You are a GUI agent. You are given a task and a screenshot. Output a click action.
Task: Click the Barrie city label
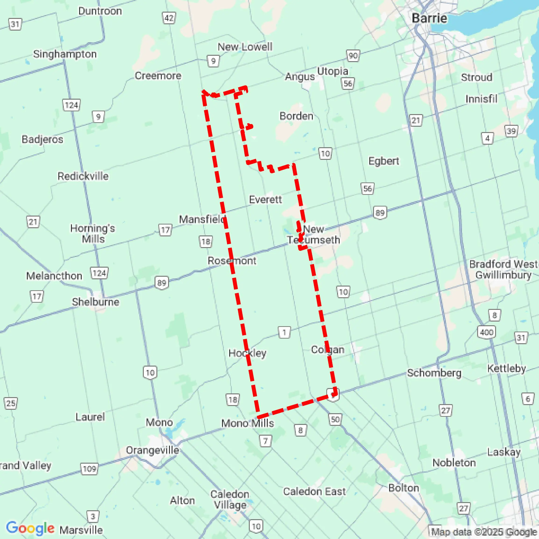tap(429, 18)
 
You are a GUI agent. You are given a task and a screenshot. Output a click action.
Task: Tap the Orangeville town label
tap(152, 450)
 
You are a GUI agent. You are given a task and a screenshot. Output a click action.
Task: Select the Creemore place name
tap(158, 76)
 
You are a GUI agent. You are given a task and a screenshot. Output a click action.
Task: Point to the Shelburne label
tap(95, 302)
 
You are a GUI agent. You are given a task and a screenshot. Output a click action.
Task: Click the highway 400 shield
tap(486, 332)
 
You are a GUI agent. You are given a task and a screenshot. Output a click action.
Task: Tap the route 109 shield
tap(90, 469)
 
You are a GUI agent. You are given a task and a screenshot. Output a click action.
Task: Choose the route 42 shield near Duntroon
tap(169, 18)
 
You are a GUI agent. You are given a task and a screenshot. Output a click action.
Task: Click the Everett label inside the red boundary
tap(265, 199)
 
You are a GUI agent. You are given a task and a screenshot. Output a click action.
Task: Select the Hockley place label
tap(247, 353)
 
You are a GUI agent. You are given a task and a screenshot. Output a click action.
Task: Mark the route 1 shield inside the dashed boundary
tap(284, 332)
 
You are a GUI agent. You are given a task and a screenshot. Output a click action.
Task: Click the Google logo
tap(30, 528)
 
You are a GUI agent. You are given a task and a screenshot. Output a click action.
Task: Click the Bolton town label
tap(404, 488)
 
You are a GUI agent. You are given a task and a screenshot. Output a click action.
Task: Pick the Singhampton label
tap(65, 54)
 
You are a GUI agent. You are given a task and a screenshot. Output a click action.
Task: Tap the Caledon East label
tap(314, 491)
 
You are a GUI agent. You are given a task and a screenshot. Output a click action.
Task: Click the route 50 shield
tap(335, 419)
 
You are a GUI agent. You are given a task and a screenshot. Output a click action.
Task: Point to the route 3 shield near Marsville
tap(93, 516)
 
